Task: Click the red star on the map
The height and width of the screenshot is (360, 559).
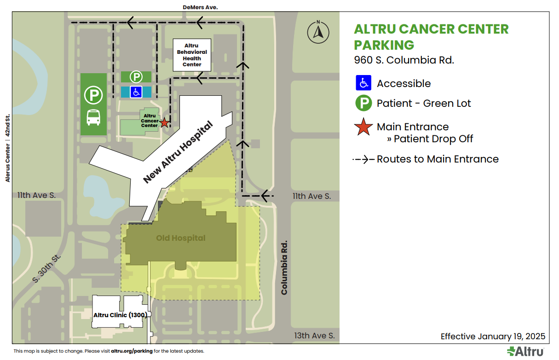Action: [164, 123]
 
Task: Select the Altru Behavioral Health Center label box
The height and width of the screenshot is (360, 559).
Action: [192, 55]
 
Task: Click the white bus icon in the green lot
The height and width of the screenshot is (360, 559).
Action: [94, 118]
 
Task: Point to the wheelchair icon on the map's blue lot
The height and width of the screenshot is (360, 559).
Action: [136, 92]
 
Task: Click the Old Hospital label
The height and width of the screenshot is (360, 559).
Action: [181, 238]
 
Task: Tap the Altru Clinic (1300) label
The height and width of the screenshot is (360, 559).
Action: [120, 315]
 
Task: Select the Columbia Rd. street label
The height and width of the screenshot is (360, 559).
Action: [284, 267]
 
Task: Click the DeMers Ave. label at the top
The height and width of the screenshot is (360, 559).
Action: [200, 7]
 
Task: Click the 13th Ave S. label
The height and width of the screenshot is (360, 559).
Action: [314, 336]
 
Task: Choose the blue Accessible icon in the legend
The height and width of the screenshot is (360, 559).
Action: [363, 83]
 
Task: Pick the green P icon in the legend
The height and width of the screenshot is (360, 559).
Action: [363, 103]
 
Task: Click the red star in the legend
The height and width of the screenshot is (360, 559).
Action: [363, 127]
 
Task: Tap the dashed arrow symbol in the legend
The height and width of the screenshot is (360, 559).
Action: [363, 159]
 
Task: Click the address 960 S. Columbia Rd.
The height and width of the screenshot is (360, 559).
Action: [404, 60]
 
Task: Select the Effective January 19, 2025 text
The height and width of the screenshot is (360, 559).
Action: [493, 336]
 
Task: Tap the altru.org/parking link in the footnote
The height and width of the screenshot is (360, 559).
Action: [132, 351]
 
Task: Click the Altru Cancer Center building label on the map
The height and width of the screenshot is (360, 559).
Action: [150, 121]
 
